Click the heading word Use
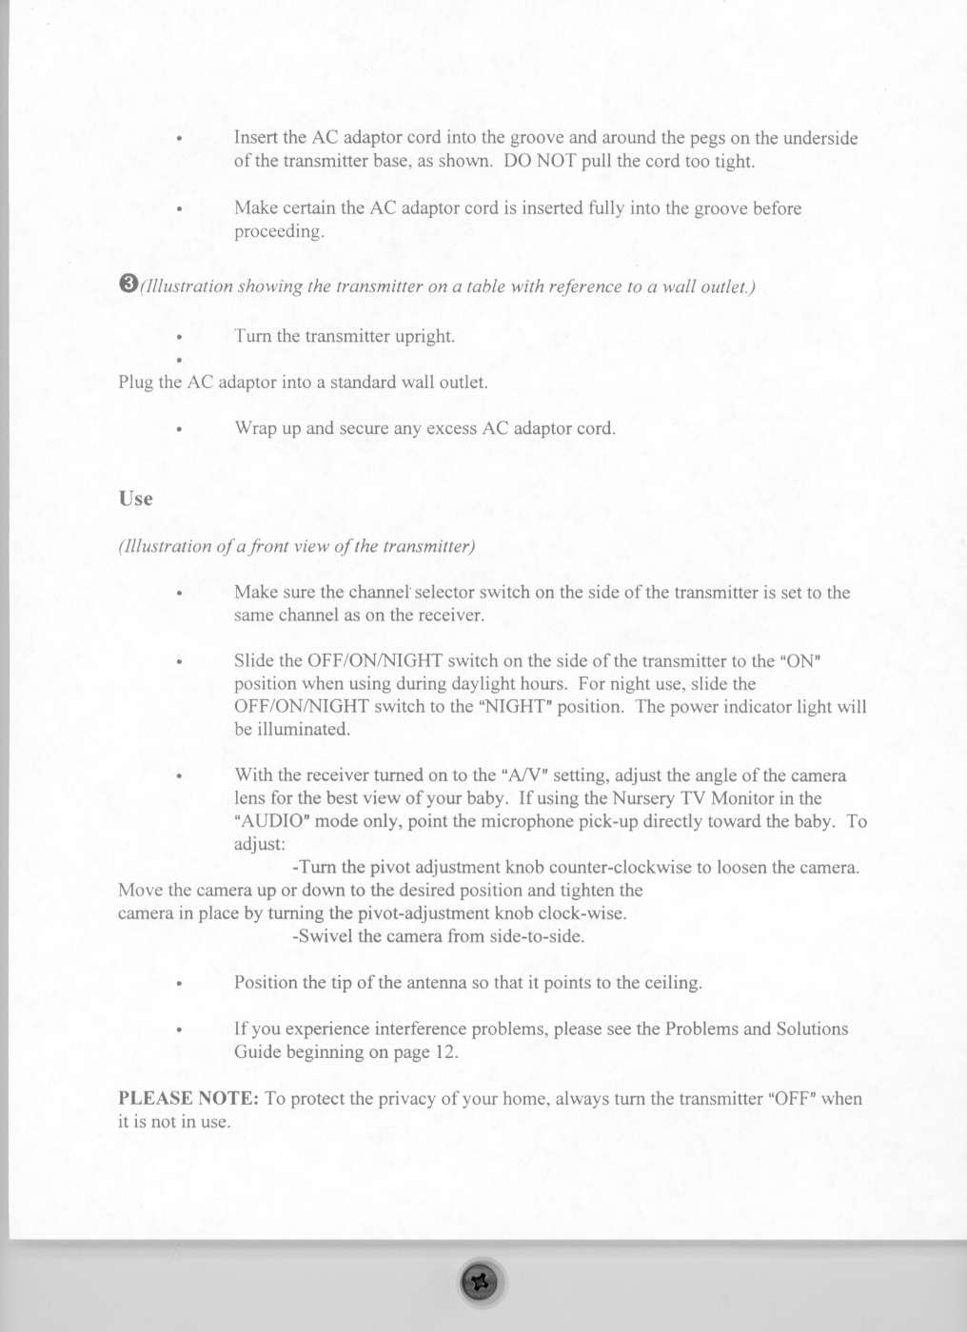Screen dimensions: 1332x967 click(135, 499)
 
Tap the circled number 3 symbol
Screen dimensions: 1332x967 click(128, 284)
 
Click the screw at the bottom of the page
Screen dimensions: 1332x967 click(481, 1283)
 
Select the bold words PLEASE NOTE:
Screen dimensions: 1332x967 click(188, 1098)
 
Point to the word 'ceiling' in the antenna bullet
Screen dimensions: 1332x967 click(672, 983)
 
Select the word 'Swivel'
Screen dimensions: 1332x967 click(326, 936)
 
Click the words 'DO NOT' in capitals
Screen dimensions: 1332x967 click(540, 161)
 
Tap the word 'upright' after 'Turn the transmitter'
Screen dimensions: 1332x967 click(424, 337)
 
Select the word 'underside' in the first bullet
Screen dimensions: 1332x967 click(820, 138)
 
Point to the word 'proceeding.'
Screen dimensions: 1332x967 click(279, 231)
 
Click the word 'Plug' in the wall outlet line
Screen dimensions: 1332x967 click(136, 382)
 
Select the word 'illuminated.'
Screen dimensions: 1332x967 click(292, 730)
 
